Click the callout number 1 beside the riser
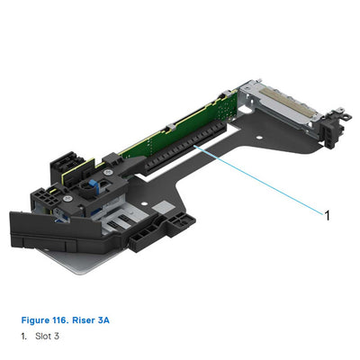[327, 214]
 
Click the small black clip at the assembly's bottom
[148, 239]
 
